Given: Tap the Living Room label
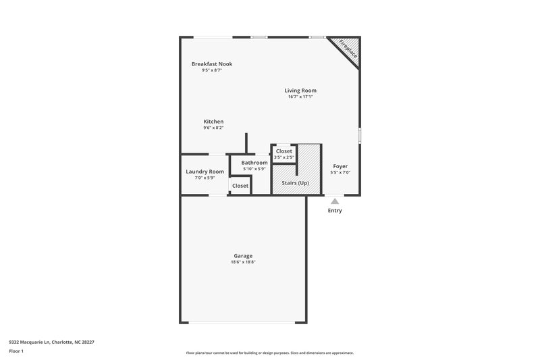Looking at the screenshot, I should [300, 90].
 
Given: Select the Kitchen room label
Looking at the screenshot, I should [213, 122].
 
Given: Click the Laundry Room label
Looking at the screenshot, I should [205, 172].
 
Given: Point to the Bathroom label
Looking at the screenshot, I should [254, 163].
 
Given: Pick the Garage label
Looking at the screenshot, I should [243, 256].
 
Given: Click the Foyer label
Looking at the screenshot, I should [340, 166].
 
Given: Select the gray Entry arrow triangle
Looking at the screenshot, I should [335, 201].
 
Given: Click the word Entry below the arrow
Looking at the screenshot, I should [335, 211].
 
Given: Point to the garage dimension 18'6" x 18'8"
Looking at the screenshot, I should [243, 262].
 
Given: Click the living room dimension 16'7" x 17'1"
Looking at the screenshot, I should [300, 97].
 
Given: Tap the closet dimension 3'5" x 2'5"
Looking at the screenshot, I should [283, 157].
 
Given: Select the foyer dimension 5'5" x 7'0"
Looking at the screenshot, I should [340, 172].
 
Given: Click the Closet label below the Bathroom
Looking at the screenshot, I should [240, 186].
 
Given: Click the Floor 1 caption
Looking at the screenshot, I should [16, 352].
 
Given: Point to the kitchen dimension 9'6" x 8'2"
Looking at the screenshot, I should [213, 128].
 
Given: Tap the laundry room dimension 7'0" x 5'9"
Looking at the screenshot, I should [205, 178].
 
